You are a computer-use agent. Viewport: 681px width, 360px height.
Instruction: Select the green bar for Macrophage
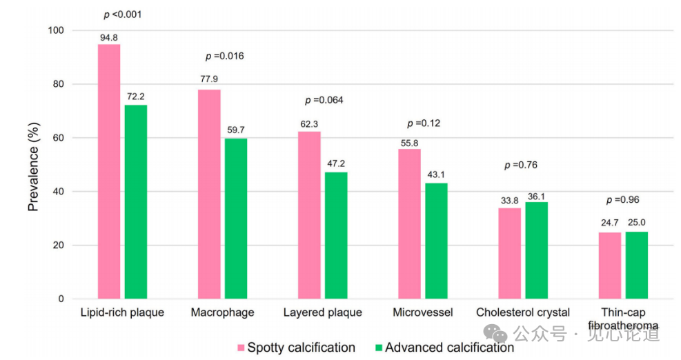[x=236, y=219]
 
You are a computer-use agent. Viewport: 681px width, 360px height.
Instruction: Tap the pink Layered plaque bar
[x=309, y=214]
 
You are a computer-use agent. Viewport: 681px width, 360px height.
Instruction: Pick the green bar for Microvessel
[x=436, y=241]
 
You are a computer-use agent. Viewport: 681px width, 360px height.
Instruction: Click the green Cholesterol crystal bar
[x=536, y=250]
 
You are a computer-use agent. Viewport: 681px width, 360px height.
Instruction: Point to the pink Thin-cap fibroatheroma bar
[x=610, y=266]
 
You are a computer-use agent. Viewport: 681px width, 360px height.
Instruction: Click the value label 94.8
[x=109, y=37]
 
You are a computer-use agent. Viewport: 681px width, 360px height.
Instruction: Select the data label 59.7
[x=236, y=131]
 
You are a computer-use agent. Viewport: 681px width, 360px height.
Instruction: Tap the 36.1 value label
[x=536, y=195]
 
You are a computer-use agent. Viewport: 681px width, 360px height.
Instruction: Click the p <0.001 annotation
[x=122, y=14]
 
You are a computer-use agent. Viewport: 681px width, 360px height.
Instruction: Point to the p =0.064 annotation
[x=324, y=100]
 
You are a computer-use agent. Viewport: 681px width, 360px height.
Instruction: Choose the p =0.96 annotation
[x=623, y=200]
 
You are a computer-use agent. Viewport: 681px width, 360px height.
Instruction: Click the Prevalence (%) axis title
[x=33, y=168]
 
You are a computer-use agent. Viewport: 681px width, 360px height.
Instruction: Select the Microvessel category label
[x=423, y=312]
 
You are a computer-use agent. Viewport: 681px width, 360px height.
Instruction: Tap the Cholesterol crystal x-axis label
[x=523, y=312]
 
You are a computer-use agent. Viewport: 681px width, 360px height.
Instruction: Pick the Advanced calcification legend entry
[x=444, y=348]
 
